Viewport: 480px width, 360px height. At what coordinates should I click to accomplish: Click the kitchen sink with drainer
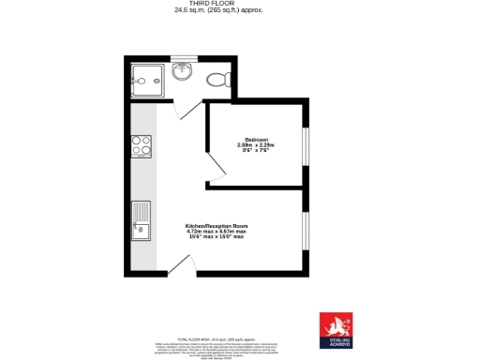click(x=142, y=220)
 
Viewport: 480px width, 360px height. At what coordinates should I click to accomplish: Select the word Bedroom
click(x=256, y=140)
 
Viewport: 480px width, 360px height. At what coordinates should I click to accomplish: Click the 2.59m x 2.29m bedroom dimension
click(x=256, y=145)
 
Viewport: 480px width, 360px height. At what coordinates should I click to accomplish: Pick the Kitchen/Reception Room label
click(x=217, y=226)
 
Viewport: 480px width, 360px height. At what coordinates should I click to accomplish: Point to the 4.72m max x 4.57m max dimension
click(x=217, y=232)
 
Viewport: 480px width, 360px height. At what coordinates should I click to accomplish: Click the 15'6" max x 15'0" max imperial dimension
click(x=217, y=237)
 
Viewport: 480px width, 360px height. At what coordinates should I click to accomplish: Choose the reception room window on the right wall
click(x=305, y=231)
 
